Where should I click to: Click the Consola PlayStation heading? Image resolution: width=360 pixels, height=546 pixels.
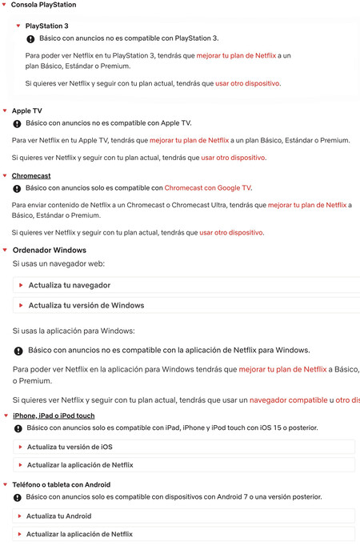[x=43, y=5]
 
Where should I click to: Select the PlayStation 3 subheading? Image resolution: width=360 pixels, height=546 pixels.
[x=47, y=26]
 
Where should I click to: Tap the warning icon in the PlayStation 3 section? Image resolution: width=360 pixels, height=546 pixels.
[x=30, y=38]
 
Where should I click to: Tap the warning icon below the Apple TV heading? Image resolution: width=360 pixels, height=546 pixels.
[x=17, y=124]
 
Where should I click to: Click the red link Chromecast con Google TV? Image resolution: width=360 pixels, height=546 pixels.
[x=207, y=188]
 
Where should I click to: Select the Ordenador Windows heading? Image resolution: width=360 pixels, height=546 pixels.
[x=49, y=250]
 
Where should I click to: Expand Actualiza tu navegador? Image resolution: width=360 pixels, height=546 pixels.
[x=69, y=285]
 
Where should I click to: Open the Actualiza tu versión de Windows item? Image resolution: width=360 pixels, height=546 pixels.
[x=86, y=305]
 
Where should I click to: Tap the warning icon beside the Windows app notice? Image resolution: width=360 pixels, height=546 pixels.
[x=18, y=351]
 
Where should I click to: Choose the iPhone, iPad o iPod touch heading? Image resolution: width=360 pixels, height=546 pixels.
[x=54, y=416]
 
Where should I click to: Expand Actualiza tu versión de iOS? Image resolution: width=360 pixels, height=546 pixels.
[x=70, y=446]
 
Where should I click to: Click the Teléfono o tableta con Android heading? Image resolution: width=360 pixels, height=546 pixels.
[x=61, y=484]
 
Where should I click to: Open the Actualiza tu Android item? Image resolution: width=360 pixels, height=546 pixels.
[x=58, y=516]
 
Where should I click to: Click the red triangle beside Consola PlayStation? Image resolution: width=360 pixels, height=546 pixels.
[x=5, y=5]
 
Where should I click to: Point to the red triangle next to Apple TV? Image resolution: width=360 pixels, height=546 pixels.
[x=5, y=110]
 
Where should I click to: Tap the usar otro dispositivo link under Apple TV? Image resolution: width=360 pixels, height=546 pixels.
[x=233, y=158]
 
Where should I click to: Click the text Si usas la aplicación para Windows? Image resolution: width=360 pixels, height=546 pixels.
[x=74, y=330]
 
